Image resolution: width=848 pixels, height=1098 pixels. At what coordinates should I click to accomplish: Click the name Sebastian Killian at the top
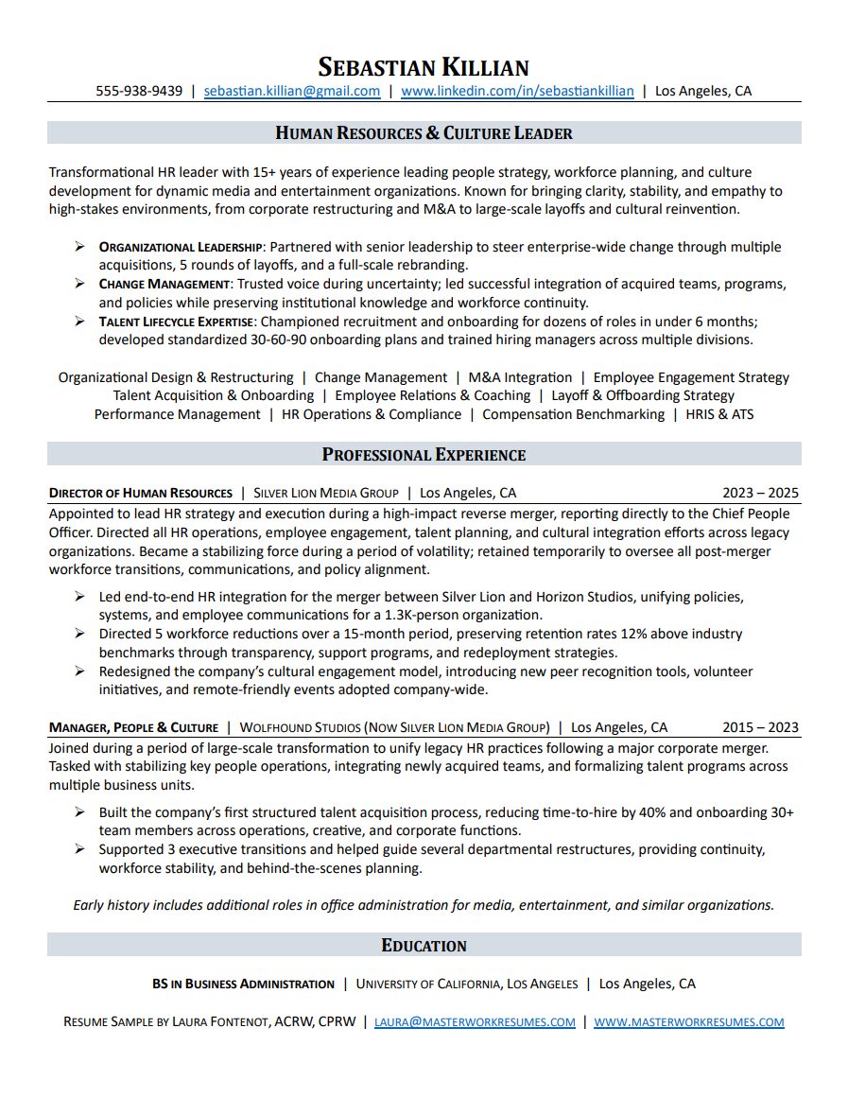point(424,67)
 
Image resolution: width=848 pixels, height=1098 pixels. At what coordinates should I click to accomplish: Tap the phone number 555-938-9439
point(139,92)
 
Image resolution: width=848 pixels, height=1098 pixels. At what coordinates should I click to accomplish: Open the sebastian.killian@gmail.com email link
point(292,92)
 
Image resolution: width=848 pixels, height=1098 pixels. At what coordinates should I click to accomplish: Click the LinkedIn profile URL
point(517,92)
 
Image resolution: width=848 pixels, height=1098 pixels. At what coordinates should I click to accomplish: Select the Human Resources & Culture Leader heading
point(424,133)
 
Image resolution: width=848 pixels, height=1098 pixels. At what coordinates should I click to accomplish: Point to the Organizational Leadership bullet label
point(180,248)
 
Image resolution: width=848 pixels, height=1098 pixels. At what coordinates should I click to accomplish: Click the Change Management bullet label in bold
point(164,285)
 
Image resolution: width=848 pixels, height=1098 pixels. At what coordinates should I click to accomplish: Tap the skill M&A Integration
point(520,377)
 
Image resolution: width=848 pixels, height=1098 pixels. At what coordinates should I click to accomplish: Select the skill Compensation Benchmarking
point(573,414)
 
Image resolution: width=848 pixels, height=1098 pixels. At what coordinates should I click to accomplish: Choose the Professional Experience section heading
point(424,455)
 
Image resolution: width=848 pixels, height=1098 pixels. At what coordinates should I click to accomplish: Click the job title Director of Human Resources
point(141,494)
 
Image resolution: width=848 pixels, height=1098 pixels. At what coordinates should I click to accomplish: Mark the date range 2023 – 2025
point(760,494)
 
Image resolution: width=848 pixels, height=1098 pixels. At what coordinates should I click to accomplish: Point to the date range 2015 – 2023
point(760,728)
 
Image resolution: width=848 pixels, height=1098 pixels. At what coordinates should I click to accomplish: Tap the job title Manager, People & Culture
point(133,728)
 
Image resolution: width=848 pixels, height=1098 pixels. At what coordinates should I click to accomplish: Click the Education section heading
point(424,946)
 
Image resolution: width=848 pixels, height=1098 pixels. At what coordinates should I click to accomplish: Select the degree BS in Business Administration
point(243,985)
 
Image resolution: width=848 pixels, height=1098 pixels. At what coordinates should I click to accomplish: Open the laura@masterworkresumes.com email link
point(475,1022)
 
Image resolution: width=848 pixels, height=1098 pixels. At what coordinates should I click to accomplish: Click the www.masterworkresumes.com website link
point(689,1022)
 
